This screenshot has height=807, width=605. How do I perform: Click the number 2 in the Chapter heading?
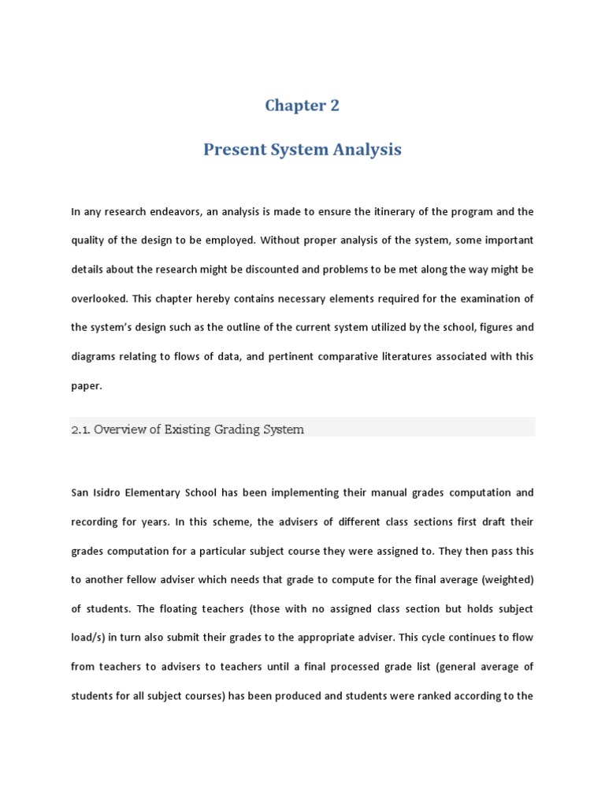(334, 106)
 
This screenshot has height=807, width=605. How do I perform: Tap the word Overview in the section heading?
(117, 430)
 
